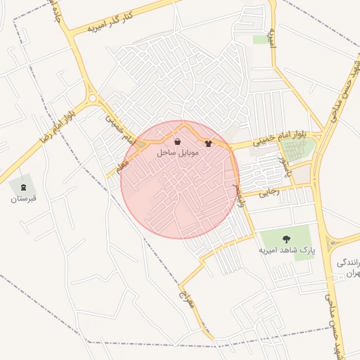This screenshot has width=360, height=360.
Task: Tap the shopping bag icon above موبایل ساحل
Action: click(x=176, y=142)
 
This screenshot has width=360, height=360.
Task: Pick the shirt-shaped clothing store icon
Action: click(x=208, y=143)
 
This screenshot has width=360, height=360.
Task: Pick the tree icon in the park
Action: click(x=286, y=238)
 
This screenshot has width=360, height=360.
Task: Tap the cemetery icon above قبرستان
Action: click(x=23, y=187)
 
